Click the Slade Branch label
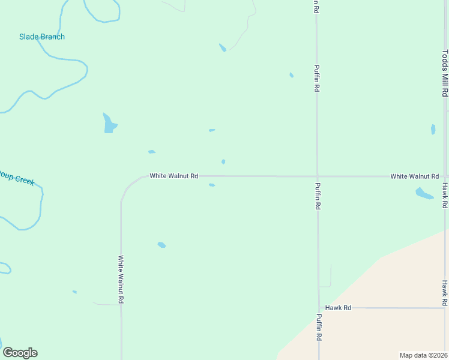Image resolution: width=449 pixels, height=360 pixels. pyautogui.click(x=42, y=37)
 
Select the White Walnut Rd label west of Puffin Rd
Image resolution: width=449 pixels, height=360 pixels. pyautogui.click(x=173, y=176)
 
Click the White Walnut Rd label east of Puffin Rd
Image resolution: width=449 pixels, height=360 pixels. pyautogui.click(x=414, y=176)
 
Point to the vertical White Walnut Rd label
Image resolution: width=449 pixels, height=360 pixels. pyautogui.click(x=121, y=279)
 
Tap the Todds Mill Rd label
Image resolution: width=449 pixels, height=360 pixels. pyautogui.click(x=445, y=73)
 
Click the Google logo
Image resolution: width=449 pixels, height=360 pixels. pyautogui.click(x=20, y=353)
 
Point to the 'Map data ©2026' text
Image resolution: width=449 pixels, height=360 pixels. pyautogui.click(x=423, y=355)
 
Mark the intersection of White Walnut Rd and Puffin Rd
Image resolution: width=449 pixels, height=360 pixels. pyautogui.click(x=318, y=176)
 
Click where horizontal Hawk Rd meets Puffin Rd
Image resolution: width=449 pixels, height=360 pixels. pyautogui.click(x=319, y=308)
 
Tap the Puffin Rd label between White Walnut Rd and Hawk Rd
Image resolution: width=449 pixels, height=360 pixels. pyautogui.click(x=318, y=196)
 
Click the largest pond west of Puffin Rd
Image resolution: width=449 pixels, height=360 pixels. pyautogui.click(x=109, y=124)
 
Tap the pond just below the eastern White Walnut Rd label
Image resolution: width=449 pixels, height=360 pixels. pyautogui.click(x=424, y=193)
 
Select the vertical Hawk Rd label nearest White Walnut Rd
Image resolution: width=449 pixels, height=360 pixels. pyautogui.click(x=445, y=196)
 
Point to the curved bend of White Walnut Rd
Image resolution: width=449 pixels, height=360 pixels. pyautogui.click(x=128, y=185)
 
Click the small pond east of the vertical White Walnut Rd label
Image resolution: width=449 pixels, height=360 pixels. pyautogui.click(x=161, y=245)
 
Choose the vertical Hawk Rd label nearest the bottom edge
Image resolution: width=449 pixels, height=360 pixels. pyautogui.click(x=445, y=292)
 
